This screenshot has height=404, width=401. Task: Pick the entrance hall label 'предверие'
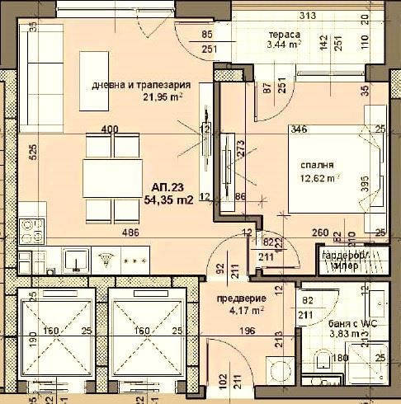(x=239, y=298)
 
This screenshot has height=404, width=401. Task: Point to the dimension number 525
(x=9, y=152)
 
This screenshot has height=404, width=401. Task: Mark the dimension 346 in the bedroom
(x=300, y=129)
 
